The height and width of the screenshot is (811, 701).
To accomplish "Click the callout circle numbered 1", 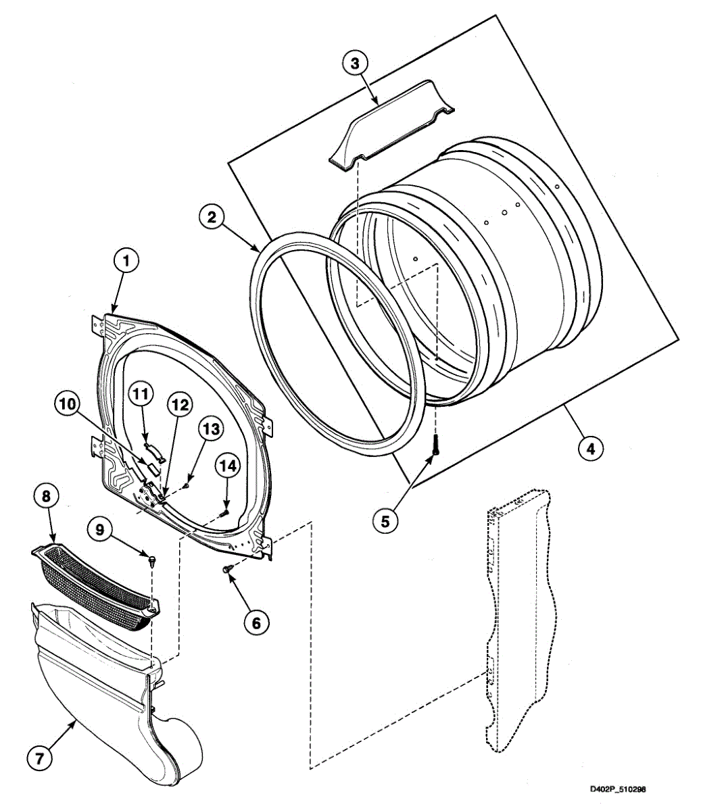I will [126, 260].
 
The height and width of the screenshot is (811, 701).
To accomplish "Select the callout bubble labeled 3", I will [355, 63].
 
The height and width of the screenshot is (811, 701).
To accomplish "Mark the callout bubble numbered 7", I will [40, 758].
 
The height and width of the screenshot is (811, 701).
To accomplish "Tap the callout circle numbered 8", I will [46, 497].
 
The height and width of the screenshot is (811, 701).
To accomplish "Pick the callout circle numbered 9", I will [99, 531].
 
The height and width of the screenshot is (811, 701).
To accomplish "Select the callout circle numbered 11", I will [143, 393].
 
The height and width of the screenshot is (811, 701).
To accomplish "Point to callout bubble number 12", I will [178, 406].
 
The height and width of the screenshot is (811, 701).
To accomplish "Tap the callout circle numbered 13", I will [210, 428].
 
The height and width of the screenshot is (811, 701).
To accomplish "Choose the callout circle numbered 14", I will [228, 466].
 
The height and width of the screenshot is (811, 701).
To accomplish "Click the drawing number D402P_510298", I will [618, 789].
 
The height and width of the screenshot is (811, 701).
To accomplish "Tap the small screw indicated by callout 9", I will [151, 559].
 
